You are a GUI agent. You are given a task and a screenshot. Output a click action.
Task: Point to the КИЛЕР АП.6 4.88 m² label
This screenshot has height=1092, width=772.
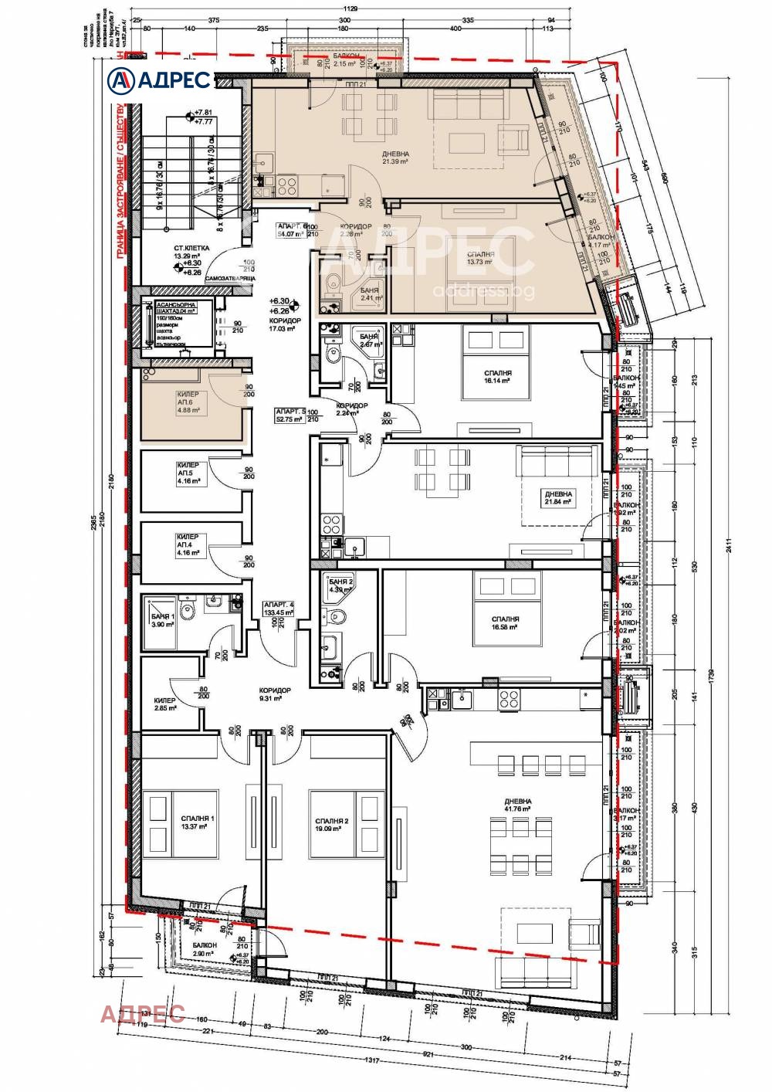(x=189, y=402)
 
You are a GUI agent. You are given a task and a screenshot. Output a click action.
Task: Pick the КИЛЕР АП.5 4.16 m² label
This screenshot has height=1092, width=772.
(x=189, y=473)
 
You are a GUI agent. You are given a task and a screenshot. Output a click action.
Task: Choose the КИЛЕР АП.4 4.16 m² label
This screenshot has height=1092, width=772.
(x=189, y=544)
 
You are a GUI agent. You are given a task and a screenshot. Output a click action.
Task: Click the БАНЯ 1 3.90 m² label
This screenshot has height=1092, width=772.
(x=163, y=619)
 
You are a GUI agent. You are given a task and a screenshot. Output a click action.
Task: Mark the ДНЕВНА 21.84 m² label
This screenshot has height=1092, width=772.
(x=558, y=497)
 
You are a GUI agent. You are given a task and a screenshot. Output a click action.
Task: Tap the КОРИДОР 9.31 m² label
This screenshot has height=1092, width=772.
(x=275, y=694)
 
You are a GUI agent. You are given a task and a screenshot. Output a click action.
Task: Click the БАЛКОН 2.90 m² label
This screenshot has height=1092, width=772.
(x=205, y=950)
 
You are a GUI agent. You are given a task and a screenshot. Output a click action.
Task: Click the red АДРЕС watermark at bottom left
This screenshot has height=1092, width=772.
(x=142, y=1013)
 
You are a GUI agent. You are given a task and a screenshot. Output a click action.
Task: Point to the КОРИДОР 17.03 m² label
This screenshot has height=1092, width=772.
(x=285, y=324)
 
